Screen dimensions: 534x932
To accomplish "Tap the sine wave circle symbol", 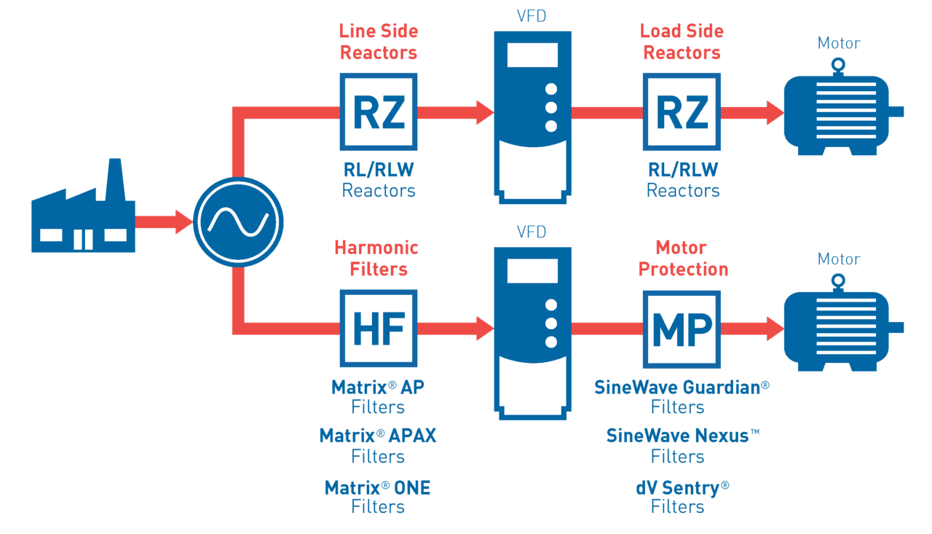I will (237, 221).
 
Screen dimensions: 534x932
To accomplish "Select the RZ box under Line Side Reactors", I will (378, 111).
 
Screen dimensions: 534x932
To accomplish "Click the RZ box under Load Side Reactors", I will (682, 111).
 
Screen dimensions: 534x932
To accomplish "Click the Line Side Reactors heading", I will (378, 42).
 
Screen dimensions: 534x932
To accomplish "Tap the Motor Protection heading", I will (682, 258).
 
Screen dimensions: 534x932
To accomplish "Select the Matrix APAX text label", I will (377, 436).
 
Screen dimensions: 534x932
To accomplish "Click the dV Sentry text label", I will (682, 487).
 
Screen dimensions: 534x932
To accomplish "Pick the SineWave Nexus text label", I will (682, 436).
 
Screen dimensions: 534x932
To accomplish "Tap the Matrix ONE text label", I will (377, 487).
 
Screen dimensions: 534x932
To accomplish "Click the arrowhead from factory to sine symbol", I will (184, 221).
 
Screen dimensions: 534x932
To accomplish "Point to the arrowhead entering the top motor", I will (774, 112).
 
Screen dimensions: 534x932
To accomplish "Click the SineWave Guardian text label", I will (682, 387).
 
